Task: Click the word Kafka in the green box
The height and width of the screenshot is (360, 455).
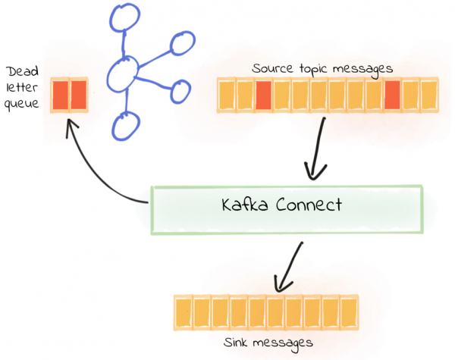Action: pos(243,205)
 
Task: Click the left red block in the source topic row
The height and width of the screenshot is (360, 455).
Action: pos(263,96)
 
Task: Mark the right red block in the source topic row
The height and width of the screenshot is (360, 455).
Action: pos(392,96)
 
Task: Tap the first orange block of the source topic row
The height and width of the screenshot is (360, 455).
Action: pos(227,96)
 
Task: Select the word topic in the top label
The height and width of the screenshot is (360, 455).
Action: pos(318,68)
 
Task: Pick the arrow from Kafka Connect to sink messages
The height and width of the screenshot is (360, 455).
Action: pos(290,265)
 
